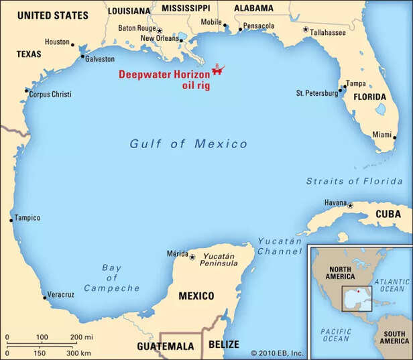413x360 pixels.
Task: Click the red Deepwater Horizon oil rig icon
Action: pyautogui.click(x=218, y=69)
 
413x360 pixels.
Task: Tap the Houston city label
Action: pyautogui.click(x=57, y=42)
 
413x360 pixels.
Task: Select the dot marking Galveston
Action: pyautogui.click(x=82, y=56)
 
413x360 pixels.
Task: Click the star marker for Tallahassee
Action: pyautogui.click(x=306, y=29)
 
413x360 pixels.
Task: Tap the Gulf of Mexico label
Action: pyautogui.click(x=188, y=143)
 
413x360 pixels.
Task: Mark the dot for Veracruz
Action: pyautogui.click(x=44, y=297)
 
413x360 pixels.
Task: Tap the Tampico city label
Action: pyautogui.click(x=27, y=218)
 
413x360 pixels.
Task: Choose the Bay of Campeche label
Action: pyautogui.click(x=111, y=278)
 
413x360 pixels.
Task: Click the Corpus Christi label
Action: pyautogui.click(x=51, y=95)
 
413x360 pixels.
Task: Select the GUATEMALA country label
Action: pyautogui.click(x=165, y=346)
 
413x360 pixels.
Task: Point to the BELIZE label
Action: pyautogui.click(x=223, y=344)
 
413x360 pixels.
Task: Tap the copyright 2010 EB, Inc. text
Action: pyautogui.click(x=277, y=353)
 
